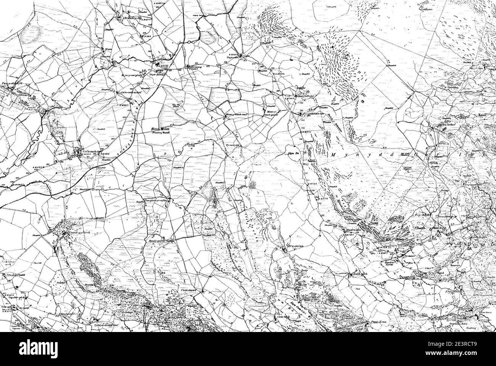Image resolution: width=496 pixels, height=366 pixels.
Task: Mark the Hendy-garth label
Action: click(157, 241)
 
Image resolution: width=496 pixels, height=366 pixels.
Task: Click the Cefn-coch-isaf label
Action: click(92, 151)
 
